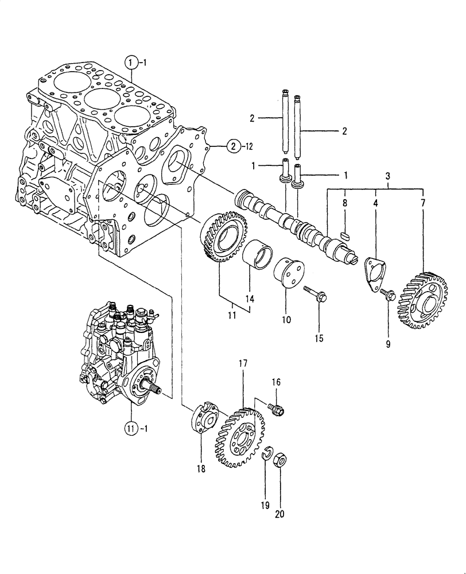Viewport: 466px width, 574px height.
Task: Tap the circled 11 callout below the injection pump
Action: pos(131,428)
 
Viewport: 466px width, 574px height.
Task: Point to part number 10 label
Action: pos(286,319)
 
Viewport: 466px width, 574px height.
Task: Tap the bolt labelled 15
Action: pos(314,293)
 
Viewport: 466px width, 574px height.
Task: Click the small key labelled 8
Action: pos(345,234)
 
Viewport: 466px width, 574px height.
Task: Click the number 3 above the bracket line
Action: pos(389,174)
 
